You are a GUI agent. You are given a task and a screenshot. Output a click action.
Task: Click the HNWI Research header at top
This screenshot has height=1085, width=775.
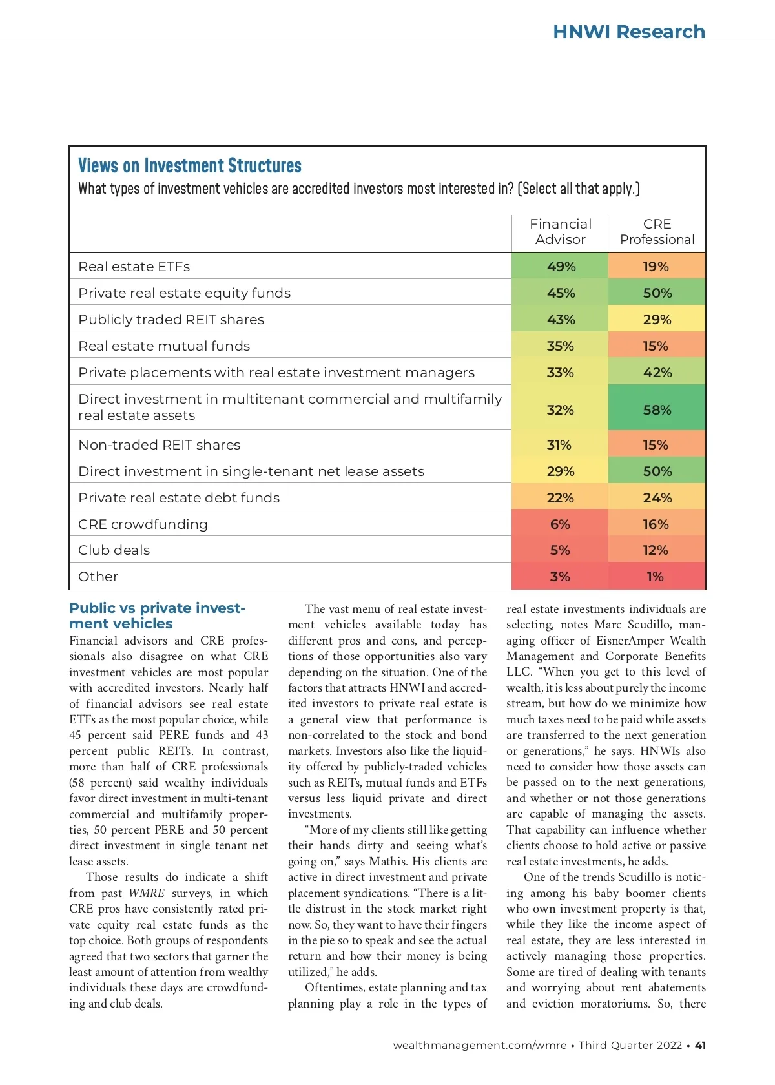pos(628,32)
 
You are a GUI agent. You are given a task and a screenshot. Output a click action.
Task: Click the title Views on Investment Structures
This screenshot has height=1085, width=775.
pos(189,166)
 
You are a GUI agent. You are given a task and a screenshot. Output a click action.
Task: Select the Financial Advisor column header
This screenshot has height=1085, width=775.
pos(560,232)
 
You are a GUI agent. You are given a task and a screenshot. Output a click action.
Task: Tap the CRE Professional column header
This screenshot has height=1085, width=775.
pos(657,232)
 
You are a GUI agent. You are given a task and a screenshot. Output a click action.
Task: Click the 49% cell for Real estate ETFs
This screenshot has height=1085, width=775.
pos(561,267)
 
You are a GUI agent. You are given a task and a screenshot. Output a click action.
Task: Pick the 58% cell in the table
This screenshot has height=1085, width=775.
pos(657,410)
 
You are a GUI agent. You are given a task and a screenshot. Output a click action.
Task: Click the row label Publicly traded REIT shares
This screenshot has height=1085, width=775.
pos(171,320)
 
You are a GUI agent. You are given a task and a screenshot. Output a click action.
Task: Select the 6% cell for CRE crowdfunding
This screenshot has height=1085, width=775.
pos(560,524)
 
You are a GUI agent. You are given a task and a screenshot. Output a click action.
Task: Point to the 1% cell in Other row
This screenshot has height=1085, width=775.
pos(655,577)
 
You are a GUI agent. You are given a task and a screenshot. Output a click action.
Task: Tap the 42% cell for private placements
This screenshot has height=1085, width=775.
pos(657,373)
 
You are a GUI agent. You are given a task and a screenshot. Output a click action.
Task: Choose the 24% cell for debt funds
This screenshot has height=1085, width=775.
pos(657,498)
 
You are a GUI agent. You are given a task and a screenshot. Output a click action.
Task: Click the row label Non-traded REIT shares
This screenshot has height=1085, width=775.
pos(159,445)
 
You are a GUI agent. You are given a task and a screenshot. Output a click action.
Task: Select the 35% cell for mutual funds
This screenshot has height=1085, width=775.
pos(560,346)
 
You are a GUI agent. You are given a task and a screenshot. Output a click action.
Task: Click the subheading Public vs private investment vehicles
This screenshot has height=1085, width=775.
pos(157,616)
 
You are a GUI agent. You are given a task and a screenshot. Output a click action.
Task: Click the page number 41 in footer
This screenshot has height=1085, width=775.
pos(700,1045)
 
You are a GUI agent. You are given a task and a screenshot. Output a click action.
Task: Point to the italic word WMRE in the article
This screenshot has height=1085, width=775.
pos(146,893)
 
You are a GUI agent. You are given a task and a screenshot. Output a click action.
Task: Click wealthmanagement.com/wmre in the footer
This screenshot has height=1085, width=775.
pos(479,1045)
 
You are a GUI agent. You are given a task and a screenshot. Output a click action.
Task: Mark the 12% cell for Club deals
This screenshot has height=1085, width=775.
pos(655,550)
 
